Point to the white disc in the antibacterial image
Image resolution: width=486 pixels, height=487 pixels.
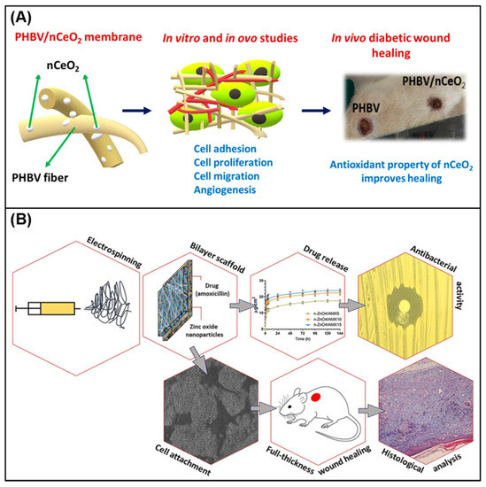406,310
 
